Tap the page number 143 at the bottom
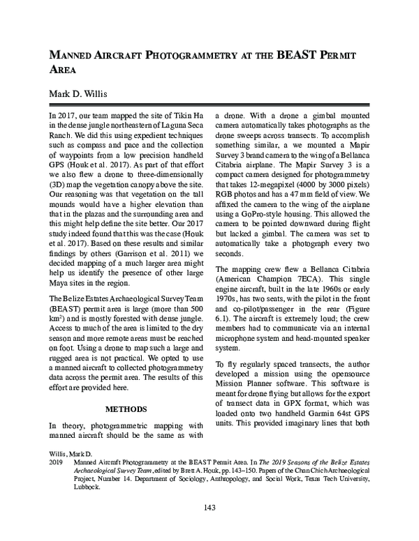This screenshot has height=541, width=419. click(209, 507)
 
